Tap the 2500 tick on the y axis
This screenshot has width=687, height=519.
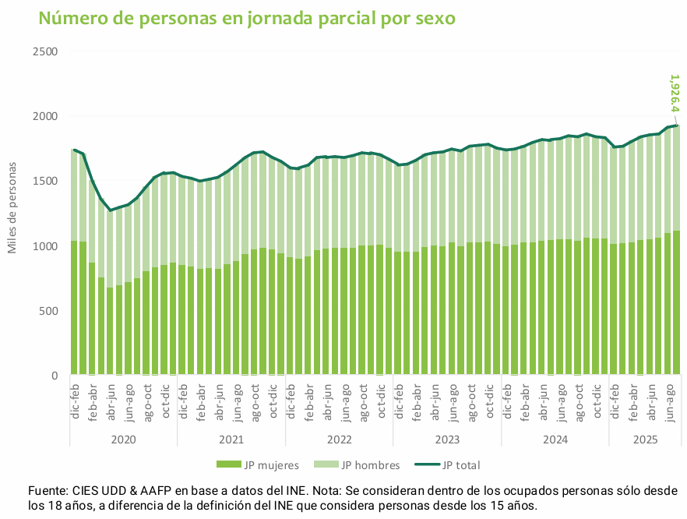46,51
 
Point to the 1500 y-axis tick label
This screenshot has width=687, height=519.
46,181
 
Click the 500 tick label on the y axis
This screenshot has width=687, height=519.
49,311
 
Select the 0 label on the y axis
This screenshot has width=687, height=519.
55,376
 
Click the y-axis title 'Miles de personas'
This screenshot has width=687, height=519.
12,197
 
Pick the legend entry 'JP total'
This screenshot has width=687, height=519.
460,465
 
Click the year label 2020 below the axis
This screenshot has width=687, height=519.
123,440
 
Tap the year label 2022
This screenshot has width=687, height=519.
339,440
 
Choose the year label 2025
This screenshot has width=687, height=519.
645,440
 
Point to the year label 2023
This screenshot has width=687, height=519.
447,440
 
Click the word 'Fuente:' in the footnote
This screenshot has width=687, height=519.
48,491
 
